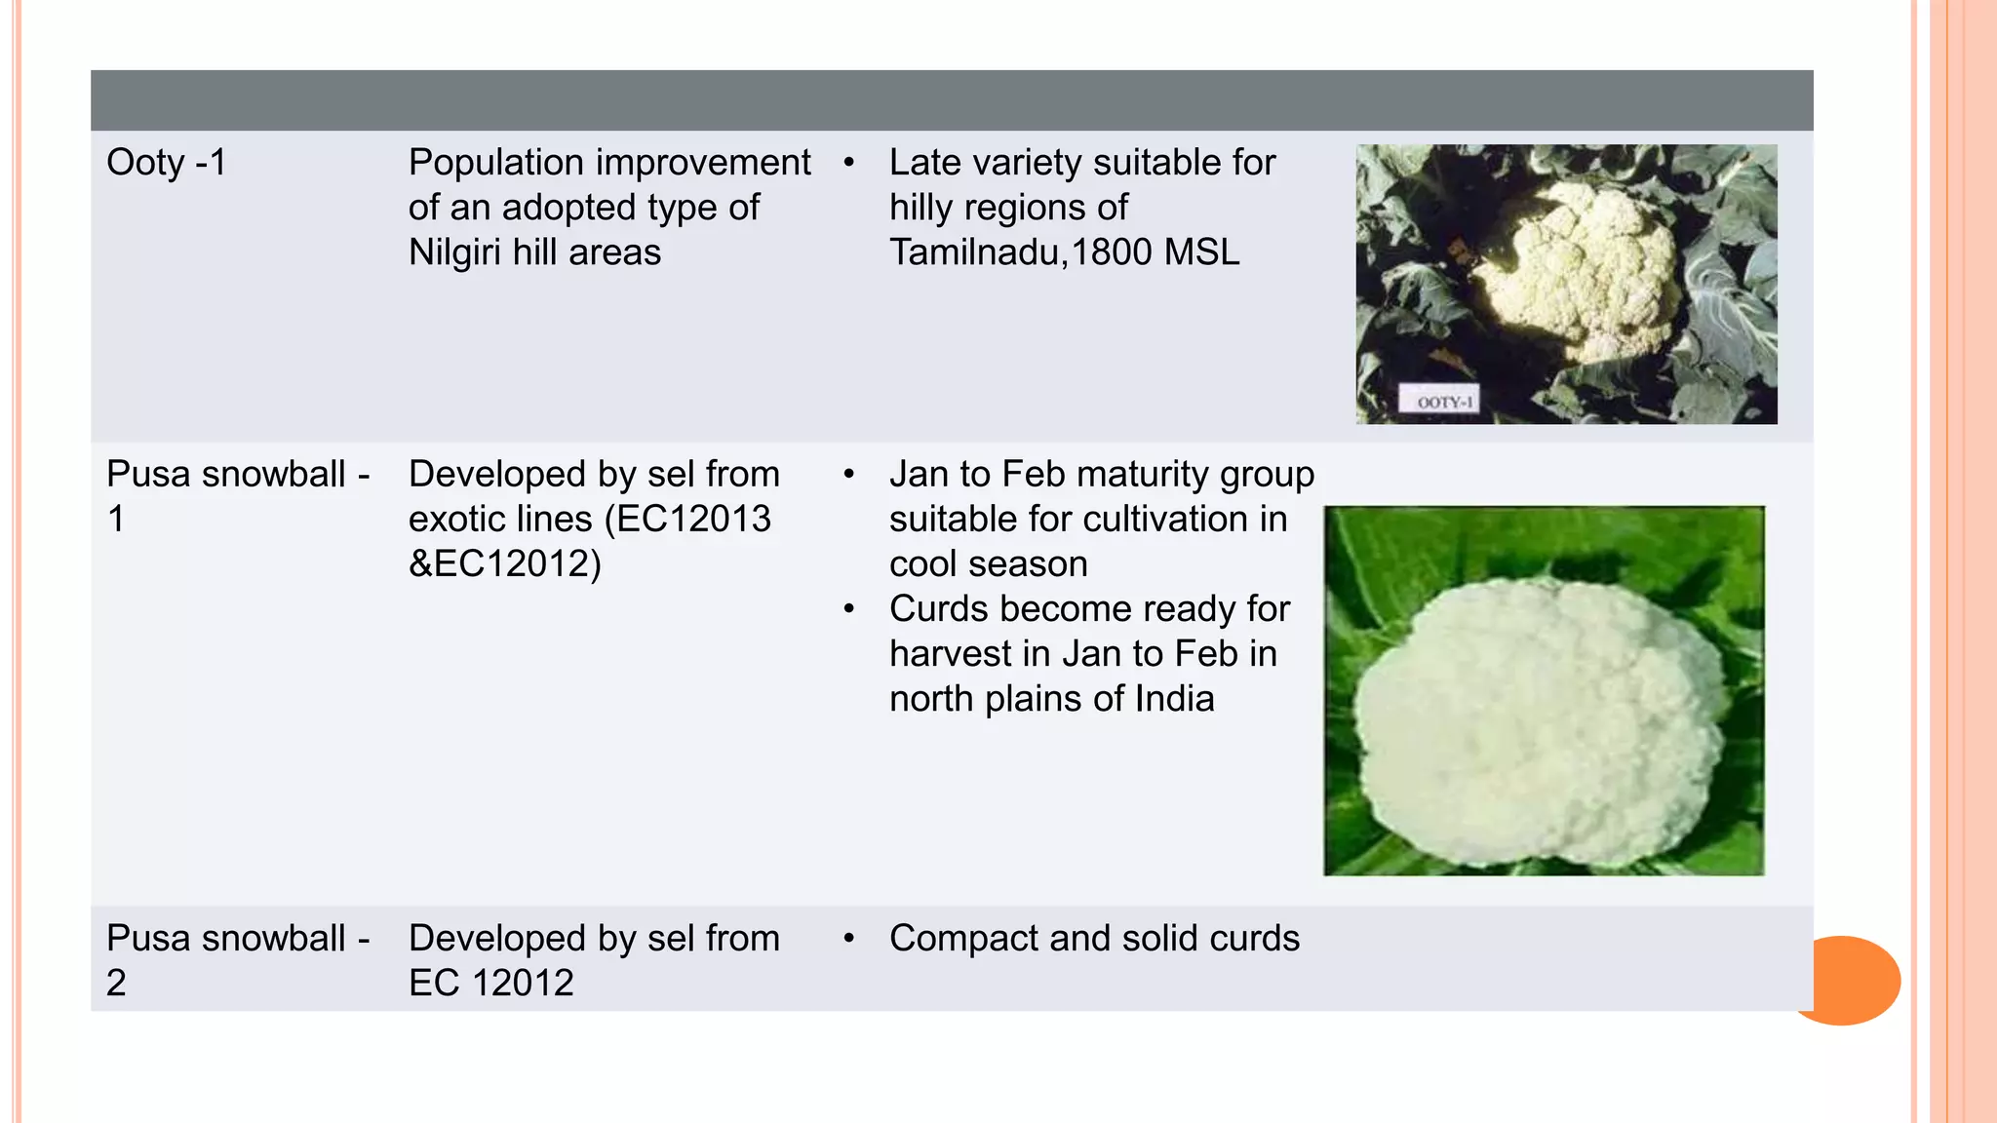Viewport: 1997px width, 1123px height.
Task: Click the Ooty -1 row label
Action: pyautogui.click(x=166, y=163)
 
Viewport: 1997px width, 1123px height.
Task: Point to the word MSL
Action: pyautogui.click(x=1201, y=252)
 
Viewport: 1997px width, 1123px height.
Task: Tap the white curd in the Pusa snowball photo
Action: pyautogui.click(x=1541, y=721)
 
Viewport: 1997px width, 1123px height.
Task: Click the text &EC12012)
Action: pyautogui.click(x=505, y=563)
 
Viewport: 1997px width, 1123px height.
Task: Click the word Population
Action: pyautogui.click(x=496, y=163)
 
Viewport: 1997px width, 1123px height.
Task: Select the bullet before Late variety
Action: pyautogui.click(x=849, y=163)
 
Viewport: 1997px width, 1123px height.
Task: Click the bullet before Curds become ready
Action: pyautogui.click(x=849, y=609)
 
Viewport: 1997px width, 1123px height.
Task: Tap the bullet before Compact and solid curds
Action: pyautogui.click(x=849, y=939)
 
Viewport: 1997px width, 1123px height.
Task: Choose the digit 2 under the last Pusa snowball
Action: pyautogui.click(x=116, y=983)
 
